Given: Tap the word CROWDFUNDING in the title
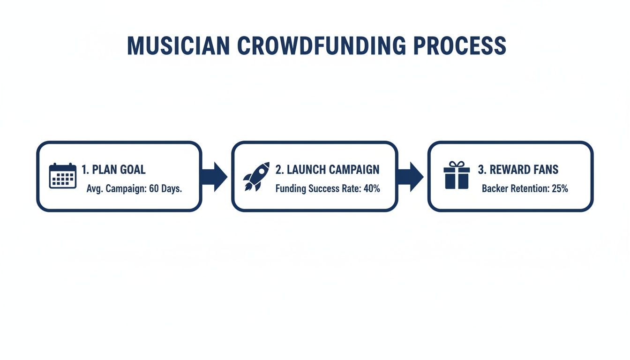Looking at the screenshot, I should point(320,46).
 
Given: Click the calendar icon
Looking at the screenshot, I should point(62,176).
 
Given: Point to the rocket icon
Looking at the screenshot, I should point(256,176).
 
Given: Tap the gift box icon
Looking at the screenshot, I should point(456,175).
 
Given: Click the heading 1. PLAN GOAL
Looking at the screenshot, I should point(113,170).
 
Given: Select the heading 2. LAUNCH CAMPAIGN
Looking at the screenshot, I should point(327,170).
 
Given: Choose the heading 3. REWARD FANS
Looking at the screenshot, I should point(518,170).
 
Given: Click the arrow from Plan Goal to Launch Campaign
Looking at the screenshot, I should point(215,176).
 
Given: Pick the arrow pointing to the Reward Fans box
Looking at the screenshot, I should point(411,176).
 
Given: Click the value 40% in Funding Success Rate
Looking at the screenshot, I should point(371,189).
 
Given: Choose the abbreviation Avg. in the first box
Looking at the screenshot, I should point(94,189).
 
